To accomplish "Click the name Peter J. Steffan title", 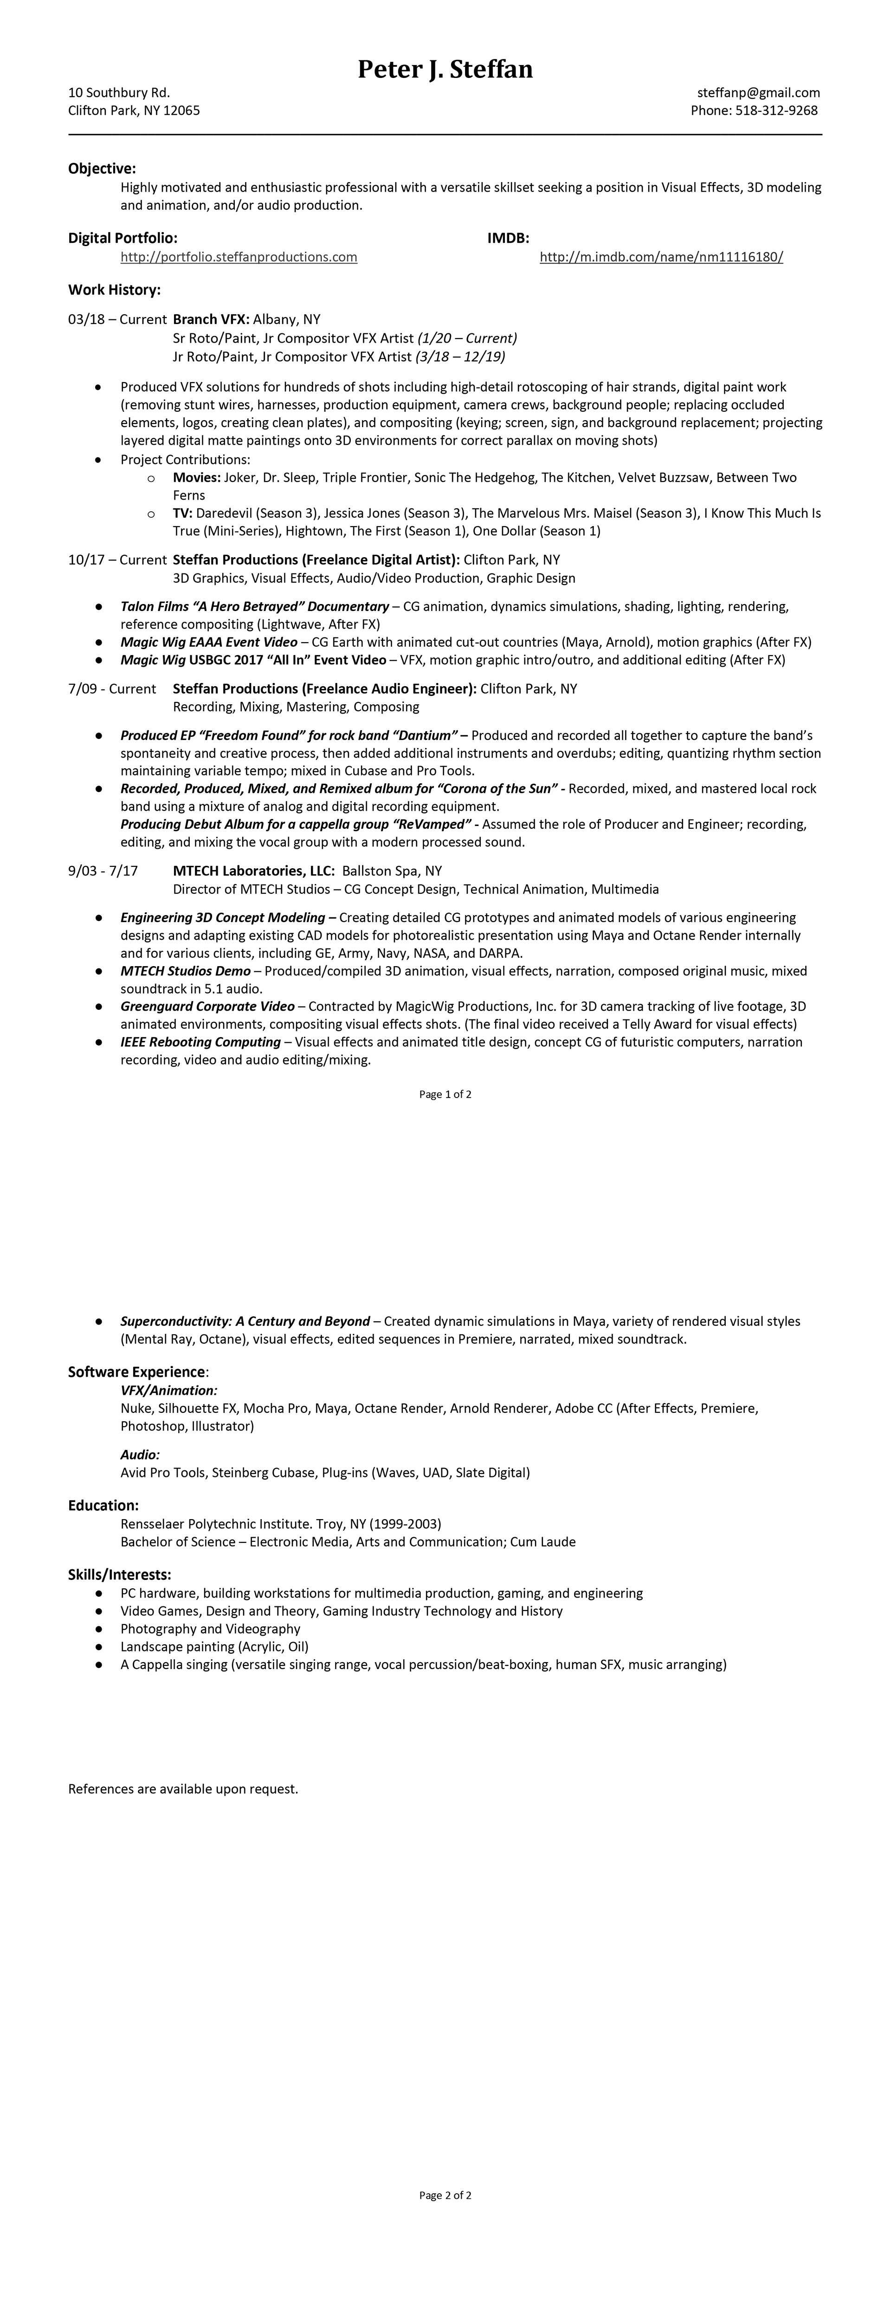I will point(445,69).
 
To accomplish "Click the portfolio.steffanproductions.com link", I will point(239,257).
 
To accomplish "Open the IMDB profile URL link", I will point(661,257).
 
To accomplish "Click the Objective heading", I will point(102,169).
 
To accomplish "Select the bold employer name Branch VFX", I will point(210,319).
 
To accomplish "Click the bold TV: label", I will point(183,513).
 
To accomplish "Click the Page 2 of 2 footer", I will point(445,2195).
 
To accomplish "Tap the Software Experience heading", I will point(137,1372).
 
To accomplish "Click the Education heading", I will point(103,1506).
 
